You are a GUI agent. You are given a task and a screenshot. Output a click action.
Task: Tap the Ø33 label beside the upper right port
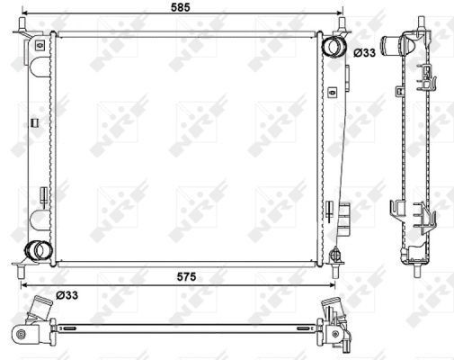(364, 53)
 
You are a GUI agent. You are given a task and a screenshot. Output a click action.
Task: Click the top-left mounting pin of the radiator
(20, 32)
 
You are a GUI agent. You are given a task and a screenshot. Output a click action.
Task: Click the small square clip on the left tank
(33, 122)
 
